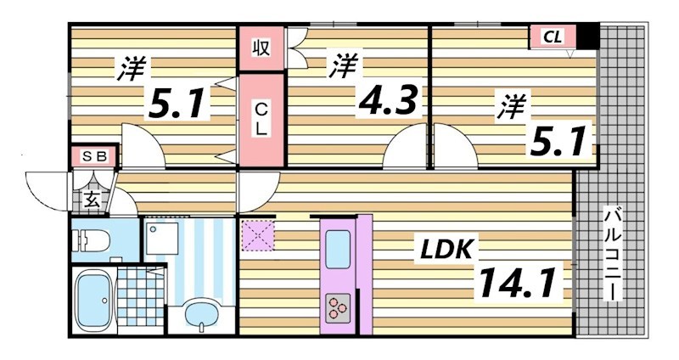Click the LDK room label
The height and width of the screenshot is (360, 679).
point(448,250)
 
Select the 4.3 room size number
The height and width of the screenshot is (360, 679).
point(389,101)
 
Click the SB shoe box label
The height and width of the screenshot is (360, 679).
point(93,156)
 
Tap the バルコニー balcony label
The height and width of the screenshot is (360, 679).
point(611,255)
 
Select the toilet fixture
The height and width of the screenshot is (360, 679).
point(95,240)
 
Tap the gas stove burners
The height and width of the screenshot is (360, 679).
point(337,306)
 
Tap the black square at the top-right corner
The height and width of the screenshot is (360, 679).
point(589,37)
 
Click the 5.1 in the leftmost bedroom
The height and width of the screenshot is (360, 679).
point(176,105)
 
